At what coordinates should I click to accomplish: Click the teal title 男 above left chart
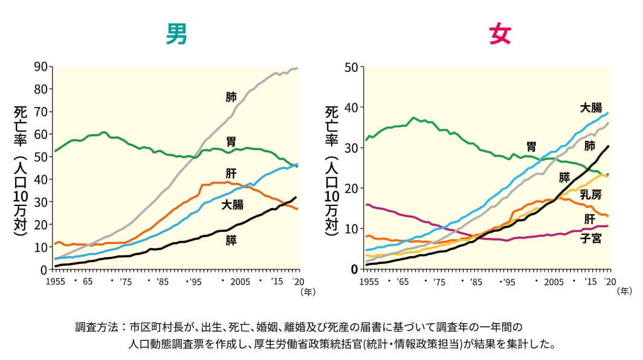click(x=176, y=35)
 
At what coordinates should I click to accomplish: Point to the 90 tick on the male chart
click(x=40, y=66)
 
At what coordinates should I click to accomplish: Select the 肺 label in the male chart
click(x=231, y=97)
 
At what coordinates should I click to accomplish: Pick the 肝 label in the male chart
click(x=231, y=174)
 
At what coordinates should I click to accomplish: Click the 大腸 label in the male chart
click(x=233, y=205)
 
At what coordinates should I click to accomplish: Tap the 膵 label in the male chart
click(x=231, y=240)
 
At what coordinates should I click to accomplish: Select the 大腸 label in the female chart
click(x=590, y=108)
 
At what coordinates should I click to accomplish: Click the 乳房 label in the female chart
click(x=590, y=194)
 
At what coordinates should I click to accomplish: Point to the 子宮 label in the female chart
click(x=590, y=238)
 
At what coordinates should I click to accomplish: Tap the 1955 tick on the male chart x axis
click(x=55, y=281)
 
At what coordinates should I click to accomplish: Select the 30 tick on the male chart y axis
click(x=40, y=202)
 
